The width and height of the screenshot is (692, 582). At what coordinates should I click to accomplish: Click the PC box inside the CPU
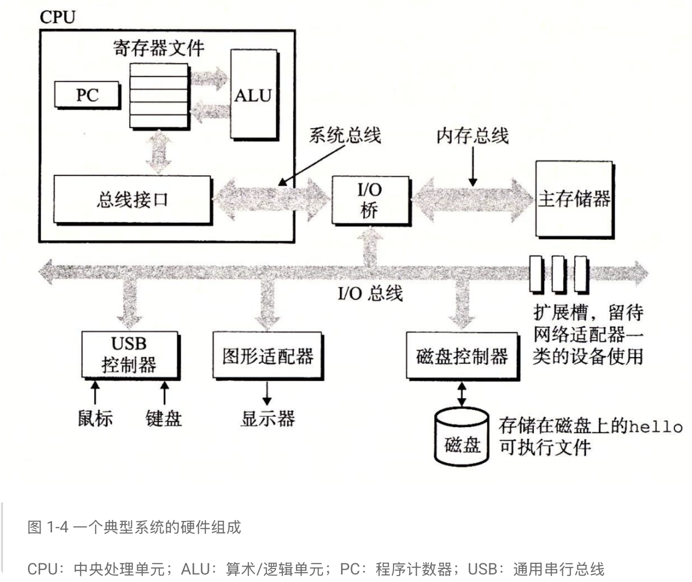(87, 95)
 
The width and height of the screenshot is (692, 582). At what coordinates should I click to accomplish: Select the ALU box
(253, 95)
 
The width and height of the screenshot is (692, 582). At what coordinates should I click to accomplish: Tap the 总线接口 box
(132, 199)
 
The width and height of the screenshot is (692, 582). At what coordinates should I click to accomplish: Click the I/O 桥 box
(370, 200)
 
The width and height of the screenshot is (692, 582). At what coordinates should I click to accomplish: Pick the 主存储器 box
(574, 199)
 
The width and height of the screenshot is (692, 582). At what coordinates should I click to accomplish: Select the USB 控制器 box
(130, 354)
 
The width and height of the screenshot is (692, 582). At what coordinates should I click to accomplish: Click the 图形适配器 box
(267, 356)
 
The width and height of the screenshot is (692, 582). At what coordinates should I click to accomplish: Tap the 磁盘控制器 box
(462, 356)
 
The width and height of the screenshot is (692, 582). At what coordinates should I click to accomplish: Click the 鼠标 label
(95, 418)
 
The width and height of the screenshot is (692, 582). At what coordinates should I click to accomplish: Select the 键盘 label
(164, 418)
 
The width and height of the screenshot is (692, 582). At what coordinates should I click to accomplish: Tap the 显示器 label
(267, 418)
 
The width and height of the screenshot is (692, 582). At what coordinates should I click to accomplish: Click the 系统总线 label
(344, 135)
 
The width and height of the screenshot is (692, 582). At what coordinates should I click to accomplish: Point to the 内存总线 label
(472, 135)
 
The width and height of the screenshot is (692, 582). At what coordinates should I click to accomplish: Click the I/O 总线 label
(370, 293)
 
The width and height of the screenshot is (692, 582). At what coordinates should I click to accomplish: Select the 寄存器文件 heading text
(159, 48)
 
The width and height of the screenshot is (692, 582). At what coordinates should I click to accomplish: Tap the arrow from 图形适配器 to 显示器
(267, 393)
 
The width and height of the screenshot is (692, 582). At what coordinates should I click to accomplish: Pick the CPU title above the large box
(58, 17)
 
